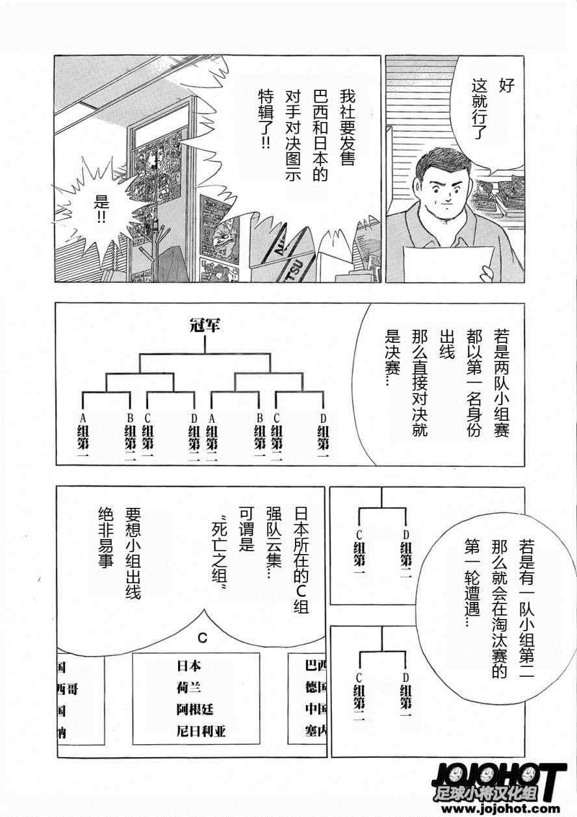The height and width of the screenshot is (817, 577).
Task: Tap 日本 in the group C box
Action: coord(189,665)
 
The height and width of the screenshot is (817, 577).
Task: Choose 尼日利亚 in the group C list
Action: coord(200,731)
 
